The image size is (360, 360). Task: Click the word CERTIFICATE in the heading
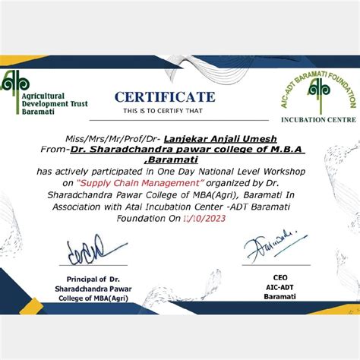click(x=165, y=96)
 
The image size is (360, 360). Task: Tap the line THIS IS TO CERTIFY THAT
click(x=163, y=111)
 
